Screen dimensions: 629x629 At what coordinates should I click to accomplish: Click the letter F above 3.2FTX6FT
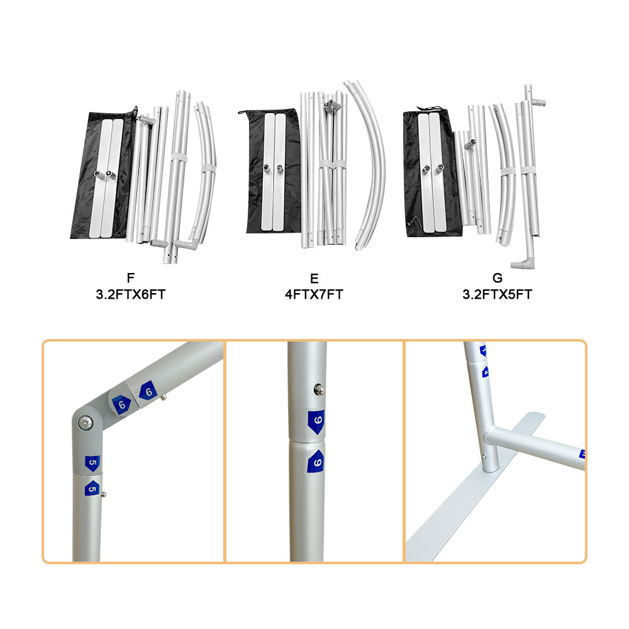[x=130, y=277]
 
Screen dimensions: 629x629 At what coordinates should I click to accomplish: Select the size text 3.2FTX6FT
[x=130, y=294]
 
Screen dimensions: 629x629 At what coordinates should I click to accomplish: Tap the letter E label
[x=314, y=277]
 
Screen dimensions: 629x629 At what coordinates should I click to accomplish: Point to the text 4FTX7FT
[x=314, y=294]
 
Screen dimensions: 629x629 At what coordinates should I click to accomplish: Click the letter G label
[x=498, y=277]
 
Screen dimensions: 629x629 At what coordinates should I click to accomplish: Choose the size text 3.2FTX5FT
[x=498, y=294]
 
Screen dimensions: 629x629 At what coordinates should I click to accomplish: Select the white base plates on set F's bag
[x=105, y=176]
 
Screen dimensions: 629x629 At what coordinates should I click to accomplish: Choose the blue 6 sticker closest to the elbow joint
[x=121, y=403]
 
